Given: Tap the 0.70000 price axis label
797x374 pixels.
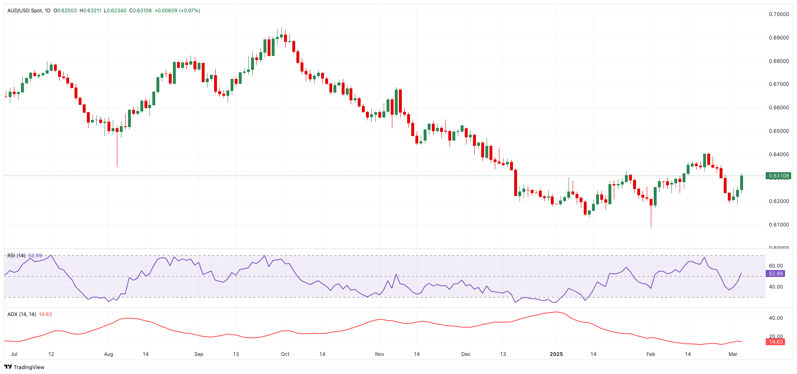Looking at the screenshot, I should point(779,14).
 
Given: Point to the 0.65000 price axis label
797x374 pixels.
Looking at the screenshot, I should point(779,131).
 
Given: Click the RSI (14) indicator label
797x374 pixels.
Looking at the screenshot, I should point(16,256).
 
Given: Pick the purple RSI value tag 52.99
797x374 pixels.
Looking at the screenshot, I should point(776,274).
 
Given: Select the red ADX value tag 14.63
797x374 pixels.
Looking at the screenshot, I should point(776,342).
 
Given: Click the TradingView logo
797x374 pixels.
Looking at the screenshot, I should point(24,367).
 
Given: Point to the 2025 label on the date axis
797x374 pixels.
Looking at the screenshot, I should point(556,354).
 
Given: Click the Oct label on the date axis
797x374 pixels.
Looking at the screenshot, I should point(285,354).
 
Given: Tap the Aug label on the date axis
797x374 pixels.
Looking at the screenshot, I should point(108,354).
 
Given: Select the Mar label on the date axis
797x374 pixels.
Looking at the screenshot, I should point(733,354).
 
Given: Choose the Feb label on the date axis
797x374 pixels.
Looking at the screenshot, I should point(650,354).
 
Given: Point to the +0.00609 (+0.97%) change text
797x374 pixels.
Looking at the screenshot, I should point(177,11).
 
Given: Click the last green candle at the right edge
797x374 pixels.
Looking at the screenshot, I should point(742,183).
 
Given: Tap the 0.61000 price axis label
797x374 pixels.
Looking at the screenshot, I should point(779,225).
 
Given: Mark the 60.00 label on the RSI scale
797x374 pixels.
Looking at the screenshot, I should point(776,266).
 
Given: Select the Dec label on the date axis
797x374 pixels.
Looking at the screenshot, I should point(466,354).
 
